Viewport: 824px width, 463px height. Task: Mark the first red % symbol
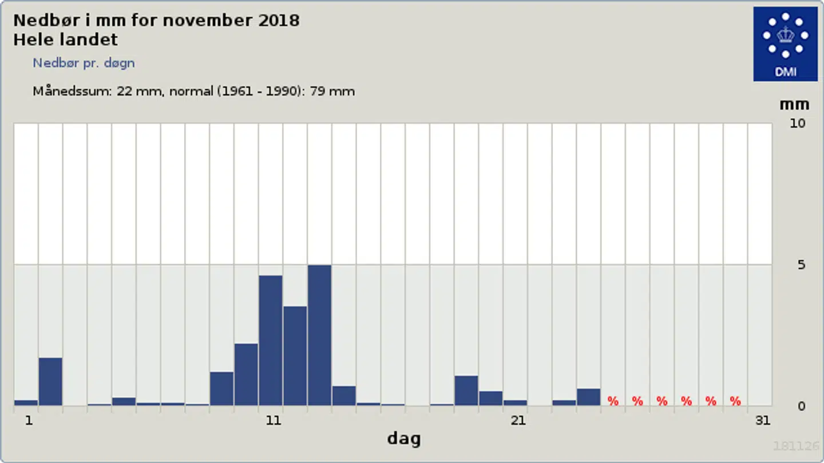tap(613, 401)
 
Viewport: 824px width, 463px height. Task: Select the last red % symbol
tap(735, 401)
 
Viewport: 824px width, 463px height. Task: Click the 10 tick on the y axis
tap(797, 123)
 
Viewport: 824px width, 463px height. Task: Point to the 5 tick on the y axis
tap(801, 265)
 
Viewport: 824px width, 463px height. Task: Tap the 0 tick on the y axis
tap(801, 406)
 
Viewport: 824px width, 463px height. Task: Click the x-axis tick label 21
tap(518, 421)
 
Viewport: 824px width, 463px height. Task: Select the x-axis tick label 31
tap(762, 421)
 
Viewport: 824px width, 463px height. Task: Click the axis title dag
tap(403, 439)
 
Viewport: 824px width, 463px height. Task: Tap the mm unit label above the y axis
tap(794, 105)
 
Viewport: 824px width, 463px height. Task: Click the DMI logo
tap(785, 44)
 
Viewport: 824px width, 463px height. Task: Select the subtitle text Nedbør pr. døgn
tap(84, 63)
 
